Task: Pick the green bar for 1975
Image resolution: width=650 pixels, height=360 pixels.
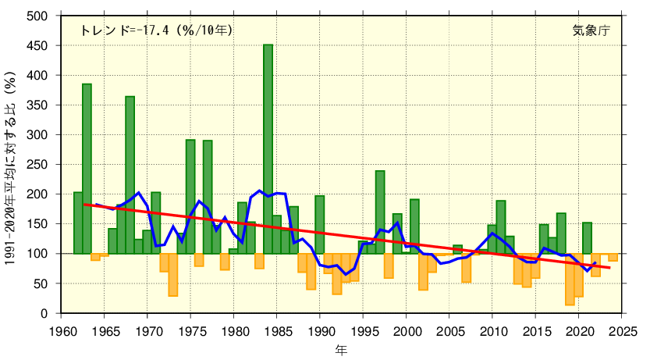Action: [190, 196]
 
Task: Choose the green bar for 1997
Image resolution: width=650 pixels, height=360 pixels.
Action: [380, 212]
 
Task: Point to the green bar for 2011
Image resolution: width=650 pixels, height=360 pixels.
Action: [500, 226]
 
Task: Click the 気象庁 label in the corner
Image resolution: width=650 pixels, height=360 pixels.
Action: [591, 30]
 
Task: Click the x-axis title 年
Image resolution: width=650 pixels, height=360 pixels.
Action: [341, 348]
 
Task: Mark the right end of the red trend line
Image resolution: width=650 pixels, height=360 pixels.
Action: [609, 268]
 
